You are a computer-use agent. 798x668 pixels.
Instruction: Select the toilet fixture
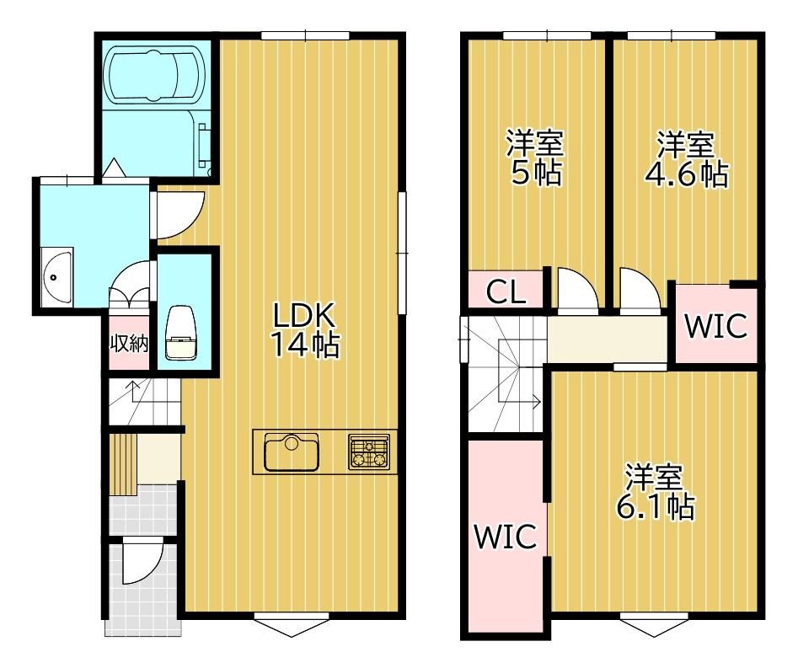(x=180, y=334)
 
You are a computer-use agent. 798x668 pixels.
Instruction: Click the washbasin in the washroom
(x=56, y=277)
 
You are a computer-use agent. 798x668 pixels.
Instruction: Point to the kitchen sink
(x=291, y=452)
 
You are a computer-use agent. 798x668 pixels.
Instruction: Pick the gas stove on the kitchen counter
(x=369, y=452)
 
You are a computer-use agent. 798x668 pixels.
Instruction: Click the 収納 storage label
(x=129, y=344)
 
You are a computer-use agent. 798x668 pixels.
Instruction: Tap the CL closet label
(x=506, y=291)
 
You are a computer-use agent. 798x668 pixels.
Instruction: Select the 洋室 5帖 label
(x=535, y=158)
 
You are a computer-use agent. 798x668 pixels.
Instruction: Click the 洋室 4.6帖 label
(x=686, y=159)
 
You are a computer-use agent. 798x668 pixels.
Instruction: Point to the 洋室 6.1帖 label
(x=655, y=491)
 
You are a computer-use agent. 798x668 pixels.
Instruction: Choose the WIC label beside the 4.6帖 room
(x=716, y=325)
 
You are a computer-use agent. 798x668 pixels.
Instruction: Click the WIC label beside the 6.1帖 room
(x=505, y=536)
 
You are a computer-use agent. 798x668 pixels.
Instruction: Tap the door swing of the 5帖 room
(x=577, y=288)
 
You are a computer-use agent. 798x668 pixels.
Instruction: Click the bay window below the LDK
(x=292, y=626)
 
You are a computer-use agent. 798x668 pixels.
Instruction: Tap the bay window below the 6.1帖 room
(x=654, y=626)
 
